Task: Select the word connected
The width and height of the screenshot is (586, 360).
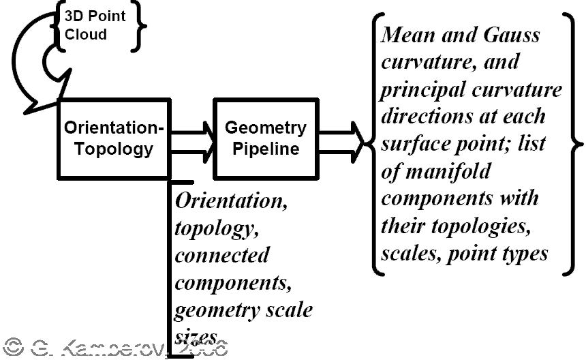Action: (x=222, y=255)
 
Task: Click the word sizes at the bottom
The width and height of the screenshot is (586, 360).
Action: (x=196, y=336)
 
